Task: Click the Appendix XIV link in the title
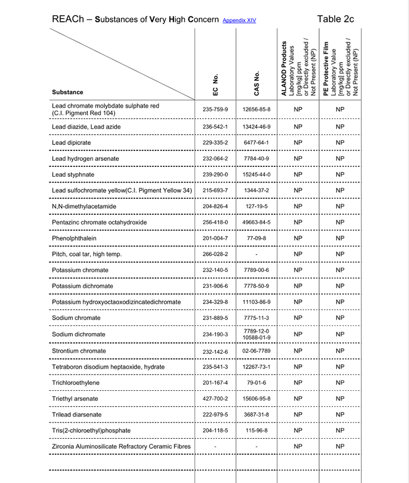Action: [x=239, y=21]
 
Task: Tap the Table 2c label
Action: [x=335, y=19]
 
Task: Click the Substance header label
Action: [x=68, y=92]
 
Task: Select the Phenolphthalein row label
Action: [x=75, y=238]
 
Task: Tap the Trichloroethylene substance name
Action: [x=76, y=383]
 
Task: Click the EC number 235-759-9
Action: [x=215, y=109]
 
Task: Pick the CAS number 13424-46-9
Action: [x=257, y=127]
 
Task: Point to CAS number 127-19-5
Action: [x=257, y=207]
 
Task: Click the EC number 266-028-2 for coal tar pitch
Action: [x=215, y=255]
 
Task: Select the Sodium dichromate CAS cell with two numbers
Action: [x=257, y=334]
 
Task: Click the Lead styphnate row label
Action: [x=73, y=174]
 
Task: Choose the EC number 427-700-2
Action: [x=215, y=399]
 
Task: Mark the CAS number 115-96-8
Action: [x=257, y=431]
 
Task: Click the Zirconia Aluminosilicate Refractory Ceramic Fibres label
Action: [x=121, y=446]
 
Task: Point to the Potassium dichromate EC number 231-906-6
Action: [x=215, y=286]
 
